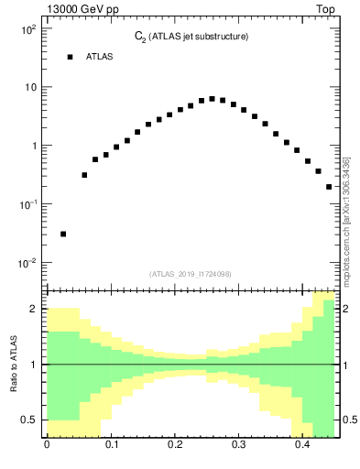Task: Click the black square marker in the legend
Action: tap(70, 57)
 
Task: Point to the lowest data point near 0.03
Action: tap(63, 234)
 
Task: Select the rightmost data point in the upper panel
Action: tap(329, 187)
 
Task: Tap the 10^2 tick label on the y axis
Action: tap(27, 29)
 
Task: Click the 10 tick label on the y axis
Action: tap(29, 88)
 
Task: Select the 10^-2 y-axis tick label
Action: tap(27, 263)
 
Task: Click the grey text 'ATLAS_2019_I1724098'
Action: tap(191, 273)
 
